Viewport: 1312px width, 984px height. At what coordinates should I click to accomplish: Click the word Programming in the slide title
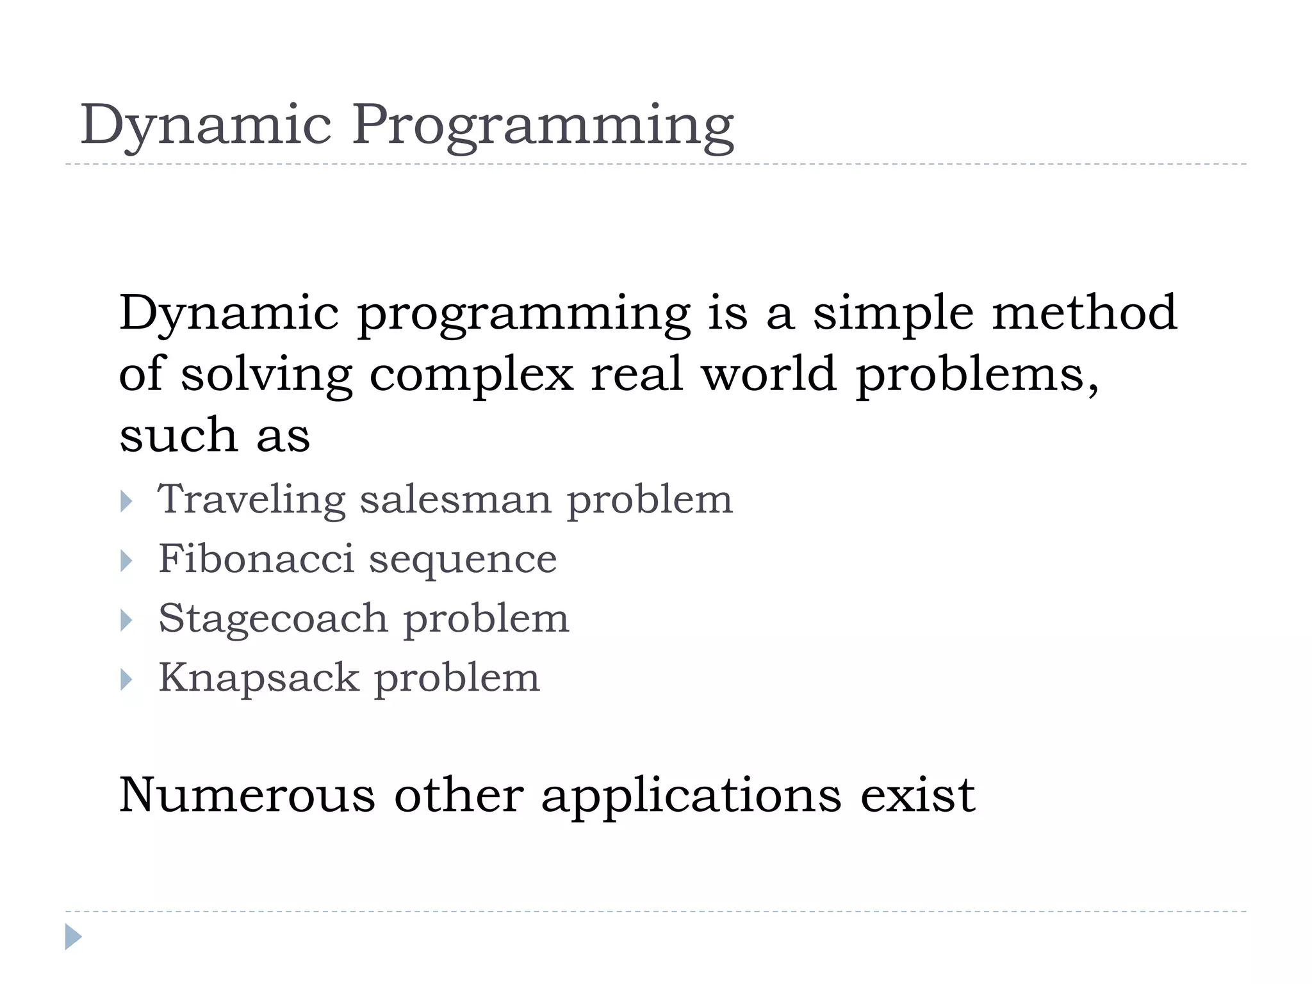(543, 126)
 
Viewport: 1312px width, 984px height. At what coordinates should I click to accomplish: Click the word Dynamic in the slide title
(206, 126)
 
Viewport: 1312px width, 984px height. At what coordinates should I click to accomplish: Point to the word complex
(471, 375)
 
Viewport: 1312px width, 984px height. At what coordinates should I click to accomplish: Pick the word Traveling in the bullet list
(251, 500)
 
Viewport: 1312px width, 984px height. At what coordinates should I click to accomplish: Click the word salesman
(455, 499)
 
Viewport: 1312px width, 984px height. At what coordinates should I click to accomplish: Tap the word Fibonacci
(256, 559)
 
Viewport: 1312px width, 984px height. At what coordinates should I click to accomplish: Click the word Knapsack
(259, 678)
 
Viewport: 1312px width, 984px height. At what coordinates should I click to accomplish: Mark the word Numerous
(247, 795)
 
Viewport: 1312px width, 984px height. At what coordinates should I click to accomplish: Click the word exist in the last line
(917, 795)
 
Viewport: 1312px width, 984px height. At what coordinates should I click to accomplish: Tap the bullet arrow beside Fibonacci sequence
(126, 561)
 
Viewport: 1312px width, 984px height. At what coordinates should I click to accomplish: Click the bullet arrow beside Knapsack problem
(126, 680)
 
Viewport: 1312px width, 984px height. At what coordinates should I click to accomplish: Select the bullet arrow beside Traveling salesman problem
(126, 502)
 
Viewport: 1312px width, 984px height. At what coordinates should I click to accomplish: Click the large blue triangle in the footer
(73, 937)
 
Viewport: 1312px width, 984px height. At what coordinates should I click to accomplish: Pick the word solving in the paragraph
(266, 375)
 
